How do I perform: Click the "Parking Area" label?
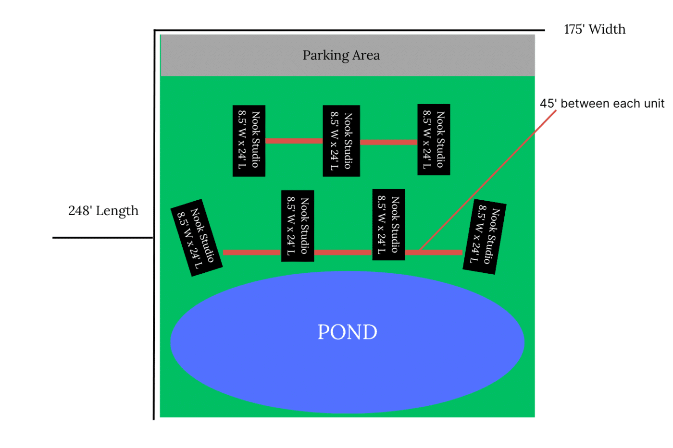click(341, 55)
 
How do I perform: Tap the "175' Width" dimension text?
click(595, 29)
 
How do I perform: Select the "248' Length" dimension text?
click(103, 210)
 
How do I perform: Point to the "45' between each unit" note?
click(602, 103)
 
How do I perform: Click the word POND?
click(347, 332)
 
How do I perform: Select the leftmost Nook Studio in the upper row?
click(249, 141)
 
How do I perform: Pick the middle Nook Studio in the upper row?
click(341, 141)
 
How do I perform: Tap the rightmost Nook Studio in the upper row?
click(434, 139)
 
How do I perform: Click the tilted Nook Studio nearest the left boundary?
click(196, 237)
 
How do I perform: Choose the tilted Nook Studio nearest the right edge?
click(484, 236)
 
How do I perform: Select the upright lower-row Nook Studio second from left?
click(298, 226)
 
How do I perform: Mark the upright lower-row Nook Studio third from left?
click(388, 225)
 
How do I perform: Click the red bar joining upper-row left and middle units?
click(294, 141)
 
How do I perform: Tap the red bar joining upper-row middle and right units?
click(388, 142)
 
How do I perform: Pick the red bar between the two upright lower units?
click(343, 253)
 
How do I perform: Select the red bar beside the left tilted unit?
click(251, 253)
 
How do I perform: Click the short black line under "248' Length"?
click(102, 237)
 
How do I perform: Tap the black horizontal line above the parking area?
click(349, 30)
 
